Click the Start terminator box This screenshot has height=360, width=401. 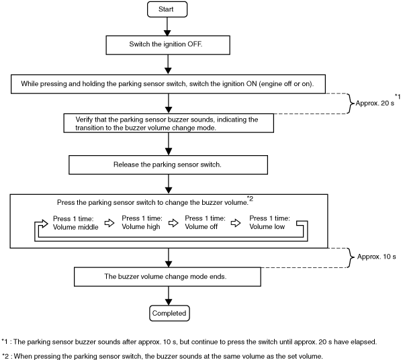[x=167, y=9]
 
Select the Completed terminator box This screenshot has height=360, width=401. [x=169, y=313]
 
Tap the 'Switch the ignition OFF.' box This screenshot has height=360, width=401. [x=168, y=45]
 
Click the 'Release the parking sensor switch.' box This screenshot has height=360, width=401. [x=169, y=165]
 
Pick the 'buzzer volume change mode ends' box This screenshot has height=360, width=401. [x=167, y=277]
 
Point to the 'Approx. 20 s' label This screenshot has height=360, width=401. [x=375, y=103]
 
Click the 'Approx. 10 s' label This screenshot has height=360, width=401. [x=376, y=257]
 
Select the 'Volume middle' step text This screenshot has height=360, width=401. [x=75, y=223]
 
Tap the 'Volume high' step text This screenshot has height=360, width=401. [x=142, y=222]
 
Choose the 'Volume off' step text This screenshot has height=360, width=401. [x=205, y=222]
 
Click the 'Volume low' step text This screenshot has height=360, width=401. [x=269, y=222]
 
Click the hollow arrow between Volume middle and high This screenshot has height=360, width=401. [x=109, y=223]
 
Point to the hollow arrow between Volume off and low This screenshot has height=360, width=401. [x=236, y=223]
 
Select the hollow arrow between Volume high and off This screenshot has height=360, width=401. [x=173, y=223]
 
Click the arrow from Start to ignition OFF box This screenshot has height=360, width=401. [x=167, y=27]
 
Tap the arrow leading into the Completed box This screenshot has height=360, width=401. [x=169, y=296]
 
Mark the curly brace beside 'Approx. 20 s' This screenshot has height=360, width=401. [x=351, y=103]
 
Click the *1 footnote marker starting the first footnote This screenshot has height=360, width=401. [x=5, y=341]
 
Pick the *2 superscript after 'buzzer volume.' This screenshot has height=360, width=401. [x=251, y=198]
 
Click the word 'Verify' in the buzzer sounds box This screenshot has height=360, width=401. [x=84, y=120]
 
